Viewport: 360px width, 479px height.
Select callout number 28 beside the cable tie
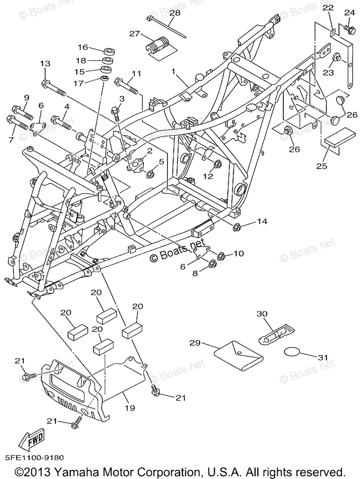(175, 13)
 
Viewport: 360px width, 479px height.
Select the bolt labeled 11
(126, 85)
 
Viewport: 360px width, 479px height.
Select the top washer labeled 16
(107, 51)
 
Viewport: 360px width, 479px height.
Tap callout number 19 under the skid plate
(130, 408)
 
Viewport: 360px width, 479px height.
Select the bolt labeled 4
(61, 122)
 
